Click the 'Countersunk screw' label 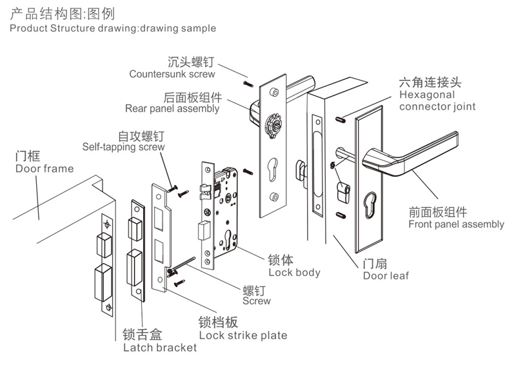click(172, 74)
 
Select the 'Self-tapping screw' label click(123, 147)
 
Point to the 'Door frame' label click(45, 169)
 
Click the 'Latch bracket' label click(159, 348)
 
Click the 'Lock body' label click(294, 272)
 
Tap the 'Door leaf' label click(386, 275)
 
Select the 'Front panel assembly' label click(456, 224)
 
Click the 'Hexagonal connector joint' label click(437, 100)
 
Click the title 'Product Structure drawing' click(113, 28)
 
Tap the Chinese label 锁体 click(281, 260)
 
